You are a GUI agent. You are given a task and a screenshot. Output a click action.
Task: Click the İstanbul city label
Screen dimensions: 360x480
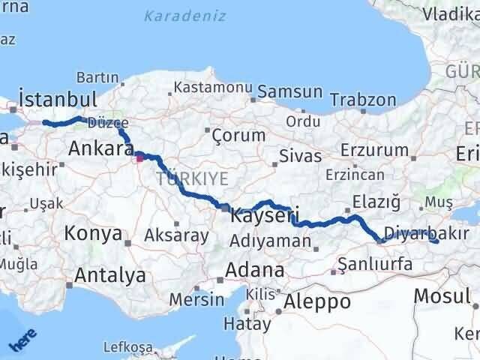pos(58,99)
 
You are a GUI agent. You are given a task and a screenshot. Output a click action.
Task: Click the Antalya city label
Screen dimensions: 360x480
pos(111,275)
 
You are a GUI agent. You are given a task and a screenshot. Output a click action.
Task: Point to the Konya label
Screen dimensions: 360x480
pos(93,233)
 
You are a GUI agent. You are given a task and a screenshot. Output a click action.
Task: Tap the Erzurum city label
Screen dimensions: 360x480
pos(373,150)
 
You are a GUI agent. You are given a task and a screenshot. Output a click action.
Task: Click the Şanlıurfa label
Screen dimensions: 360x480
pos(375,263)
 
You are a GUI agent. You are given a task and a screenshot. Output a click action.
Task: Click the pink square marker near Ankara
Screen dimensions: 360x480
pos(139,158)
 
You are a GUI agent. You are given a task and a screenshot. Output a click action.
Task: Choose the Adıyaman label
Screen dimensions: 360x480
pos(271,241)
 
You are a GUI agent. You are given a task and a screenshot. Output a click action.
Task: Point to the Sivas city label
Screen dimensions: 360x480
pos(299,156)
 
